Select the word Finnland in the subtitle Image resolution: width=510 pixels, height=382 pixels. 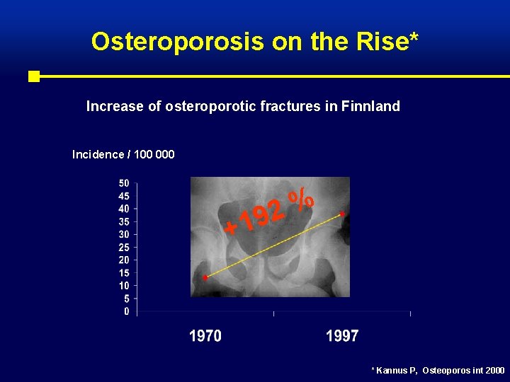(370, 107)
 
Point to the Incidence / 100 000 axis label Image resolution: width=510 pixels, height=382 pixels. (123, 154)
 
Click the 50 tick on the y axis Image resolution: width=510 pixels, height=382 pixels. (123, 183)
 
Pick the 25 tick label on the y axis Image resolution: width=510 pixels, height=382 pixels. (123, 247)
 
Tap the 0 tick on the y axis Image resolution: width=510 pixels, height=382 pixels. (126, 311)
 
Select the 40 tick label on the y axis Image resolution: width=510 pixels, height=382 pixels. (123, 209)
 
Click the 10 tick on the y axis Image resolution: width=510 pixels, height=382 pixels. (123, 286)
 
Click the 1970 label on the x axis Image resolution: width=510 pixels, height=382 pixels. (205, 337)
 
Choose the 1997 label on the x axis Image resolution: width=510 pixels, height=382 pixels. (342, 337)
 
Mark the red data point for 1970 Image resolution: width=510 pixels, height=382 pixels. (205, 278)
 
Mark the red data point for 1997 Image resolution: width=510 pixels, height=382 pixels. (343, 213)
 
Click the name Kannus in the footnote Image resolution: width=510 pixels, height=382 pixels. (392, 371)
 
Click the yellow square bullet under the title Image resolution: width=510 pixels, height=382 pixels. (33, 76)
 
